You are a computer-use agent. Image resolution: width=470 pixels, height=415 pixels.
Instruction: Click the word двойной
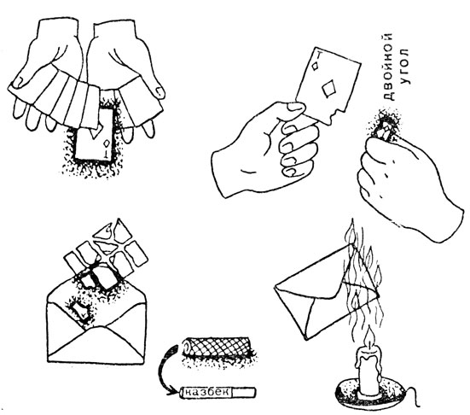389,67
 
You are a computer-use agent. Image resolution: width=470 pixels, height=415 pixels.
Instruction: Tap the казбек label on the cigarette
206,392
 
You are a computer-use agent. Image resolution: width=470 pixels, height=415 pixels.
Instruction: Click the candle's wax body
368,371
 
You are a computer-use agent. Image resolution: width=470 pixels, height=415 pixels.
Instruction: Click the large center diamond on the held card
328,88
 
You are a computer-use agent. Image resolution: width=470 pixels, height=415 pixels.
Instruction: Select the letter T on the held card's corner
320,56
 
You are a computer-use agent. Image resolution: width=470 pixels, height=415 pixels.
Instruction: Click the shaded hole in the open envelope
80,311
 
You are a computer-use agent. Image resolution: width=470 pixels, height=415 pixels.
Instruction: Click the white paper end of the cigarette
244,392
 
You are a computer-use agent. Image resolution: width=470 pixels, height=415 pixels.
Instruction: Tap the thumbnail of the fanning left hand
21,79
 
